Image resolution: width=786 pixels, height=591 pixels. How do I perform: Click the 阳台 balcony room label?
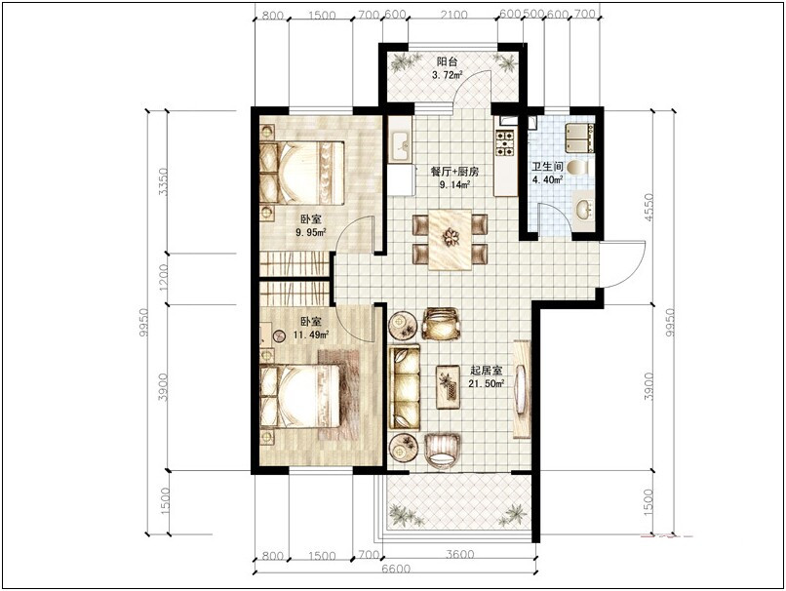[x=447, y=61]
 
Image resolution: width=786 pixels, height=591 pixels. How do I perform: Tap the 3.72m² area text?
[x=448, y=75]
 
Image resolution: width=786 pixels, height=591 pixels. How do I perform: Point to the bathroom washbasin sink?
[x=584, y=209]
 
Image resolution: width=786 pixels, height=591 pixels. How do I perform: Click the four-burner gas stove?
[x=505, y=141]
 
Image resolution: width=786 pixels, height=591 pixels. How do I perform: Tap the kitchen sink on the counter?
[x=401, y=145]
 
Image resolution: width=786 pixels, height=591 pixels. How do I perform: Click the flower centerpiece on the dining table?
[x=451, y=237]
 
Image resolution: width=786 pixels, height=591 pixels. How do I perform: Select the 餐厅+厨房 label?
[x=455, y=172]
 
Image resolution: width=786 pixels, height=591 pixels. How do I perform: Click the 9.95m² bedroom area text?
[x=311, y=232]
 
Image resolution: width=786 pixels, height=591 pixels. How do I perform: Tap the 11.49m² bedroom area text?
[x=312, y=335]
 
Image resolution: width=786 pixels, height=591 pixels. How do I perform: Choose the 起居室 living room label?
[x=487, y=371]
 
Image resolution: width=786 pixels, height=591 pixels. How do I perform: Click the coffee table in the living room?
[x=449, y=386]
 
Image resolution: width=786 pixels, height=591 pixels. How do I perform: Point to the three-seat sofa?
[x=405, y=386]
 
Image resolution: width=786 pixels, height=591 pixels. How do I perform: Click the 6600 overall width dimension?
[x=396, y=570]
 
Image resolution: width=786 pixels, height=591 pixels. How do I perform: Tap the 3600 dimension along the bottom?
[x=459, y=554]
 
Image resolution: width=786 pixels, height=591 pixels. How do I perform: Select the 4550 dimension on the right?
[x=648, y=208]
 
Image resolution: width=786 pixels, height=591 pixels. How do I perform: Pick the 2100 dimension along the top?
[x=453, y=15]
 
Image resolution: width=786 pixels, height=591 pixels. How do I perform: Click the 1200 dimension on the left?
[x=163, y=278]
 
